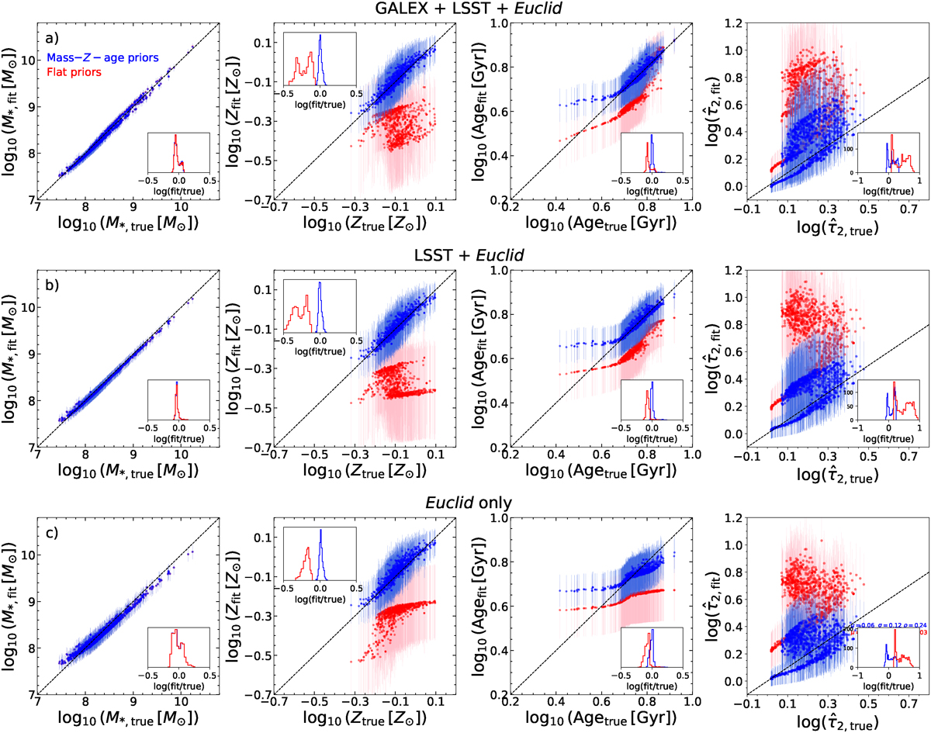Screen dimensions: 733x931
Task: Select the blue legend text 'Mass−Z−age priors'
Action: tap(99, 57)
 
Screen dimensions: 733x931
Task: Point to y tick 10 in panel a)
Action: tap(28, 60)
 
